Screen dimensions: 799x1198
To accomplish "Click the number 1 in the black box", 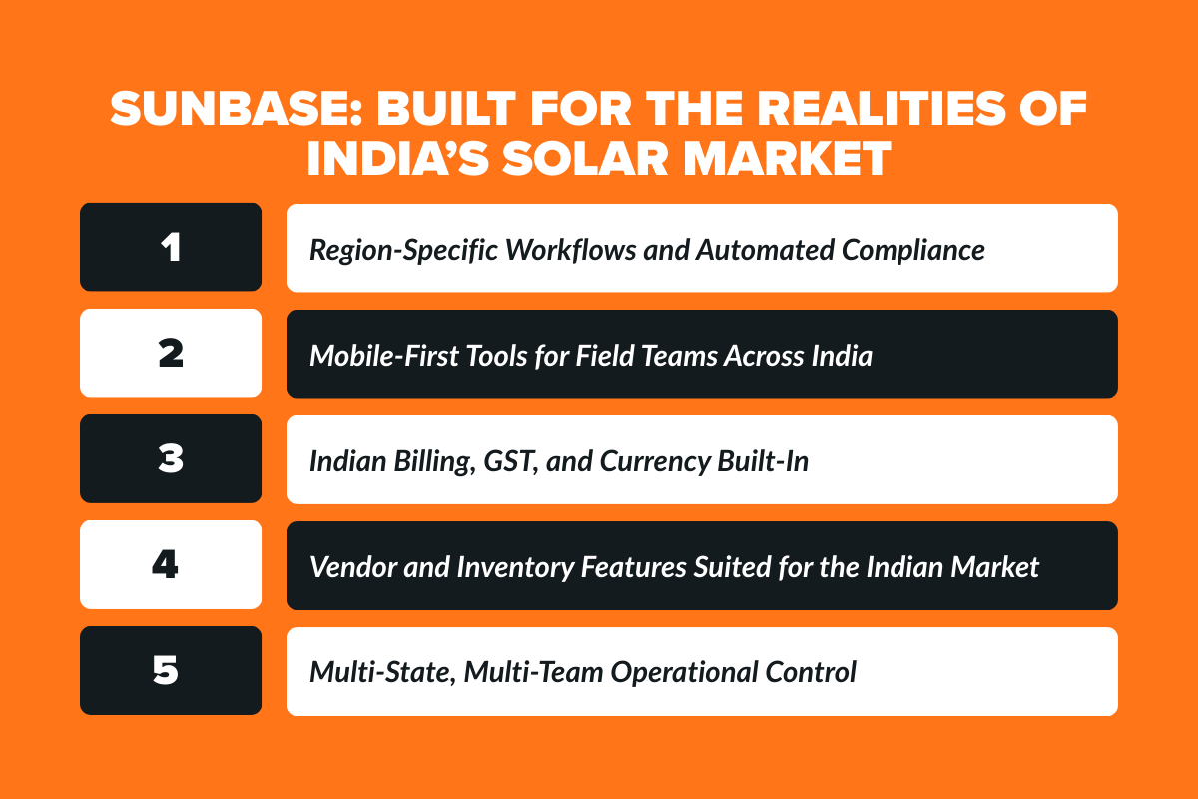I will click(171, 248).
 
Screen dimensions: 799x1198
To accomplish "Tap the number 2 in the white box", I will click(171, 354).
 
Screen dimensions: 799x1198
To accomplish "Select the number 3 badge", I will click(171, 459).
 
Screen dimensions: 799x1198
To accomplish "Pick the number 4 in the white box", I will click(171, 565).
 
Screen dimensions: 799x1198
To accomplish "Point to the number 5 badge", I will click(171, 671).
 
